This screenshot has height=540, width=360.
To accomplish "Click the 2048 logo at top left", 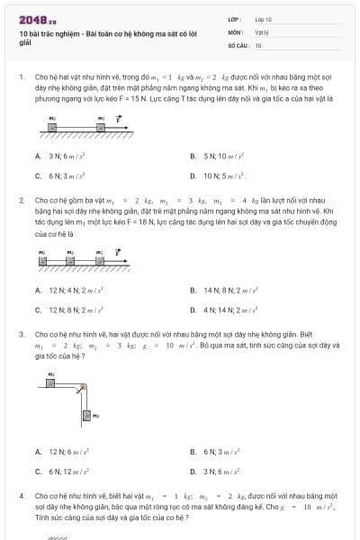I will point(33,18).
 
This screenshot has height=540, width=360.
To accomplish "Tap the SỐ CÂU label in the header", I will point(238,44).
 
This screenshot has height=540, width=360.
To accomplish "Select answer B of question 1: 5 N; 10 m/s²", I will point(219,156).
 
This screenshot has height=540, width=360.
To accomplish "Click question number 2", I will point(21,200).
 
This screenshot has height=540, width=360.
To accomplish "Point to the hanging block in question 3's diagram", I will point(86,415).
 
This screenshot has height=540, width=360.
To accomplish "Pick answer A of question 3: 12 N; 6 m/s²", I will point(63,451).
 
